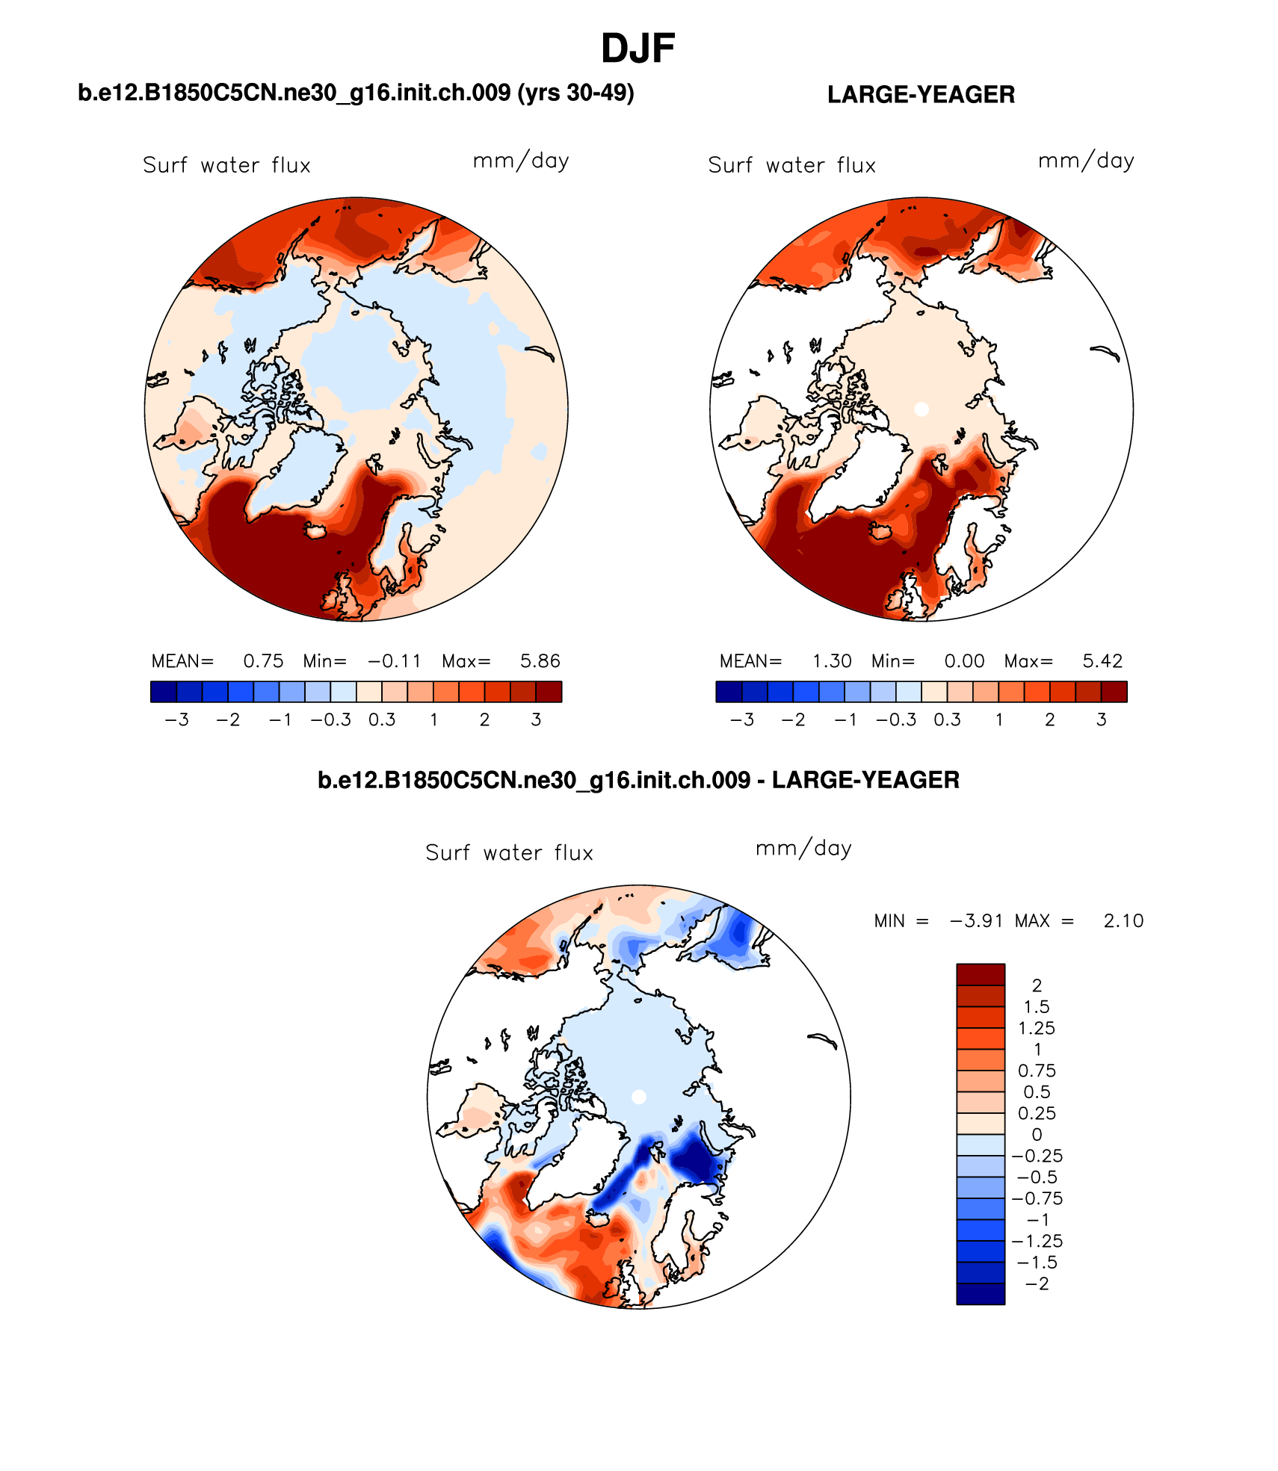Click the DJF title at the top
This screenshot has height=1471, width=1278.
pyautogui.click(x=638, y=49)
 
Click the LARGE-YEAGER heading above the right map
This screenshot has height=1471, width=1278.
pyautogui.click(x=921, y=95)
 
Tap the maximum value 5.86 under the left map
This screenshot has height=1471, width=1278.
pyautogui.click(x=540, y=661)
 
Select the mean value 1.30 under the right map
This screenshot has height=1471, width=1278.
pyautogui.click(x=832, y=661)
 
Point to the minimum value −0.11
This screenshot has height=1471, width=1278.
pyautogui.click(x=395, y=661)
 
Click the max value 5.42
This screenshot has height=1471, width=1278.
pyautogui.click(x=1102, y=661)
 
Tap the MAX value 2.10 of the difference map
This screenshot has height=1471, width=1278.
pyautogui.click(x=1123, y=920)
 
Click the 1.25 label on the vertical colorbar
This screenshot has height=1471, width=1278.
pyautogui.click(x=1037, y=1028)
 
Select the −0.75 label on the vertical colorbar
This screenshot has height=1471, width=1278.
pyautogui.click(x=1037, y=1198)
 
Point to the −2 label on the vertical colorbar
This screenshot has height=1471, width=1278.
pyautogui.click(x=1037, y=1283)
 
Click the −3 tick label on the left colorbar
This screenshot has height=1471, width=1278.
pyautogui.click(x=176, y=719)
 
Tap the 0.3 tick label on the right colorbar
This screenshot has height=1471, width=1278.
pyautogui.click(x=947, y=719)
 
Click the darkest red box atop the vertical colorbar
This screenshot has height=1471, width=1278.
pyautogui.click(x=981, y=974)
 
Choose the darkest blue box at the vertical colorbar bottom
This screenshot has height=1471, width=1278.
pyautogui.click(x=981, y=1294)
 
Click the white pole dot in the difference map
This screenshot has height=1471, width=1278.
pyautogui.click(x=639, y=1097)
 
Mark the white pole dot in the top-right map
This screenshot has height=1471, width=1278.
pyautogui.click(x=922, y=409)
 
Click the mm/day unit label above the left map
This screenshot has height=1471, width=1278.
pyautogui.click(x=521, y=161)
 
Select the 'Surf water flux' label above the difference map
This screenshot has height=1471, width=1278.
pyautogui.click(x=509, y=853)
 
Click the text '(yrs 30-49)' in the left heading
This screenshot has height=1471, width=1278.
pyautogui.click(x=575, y=93)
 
